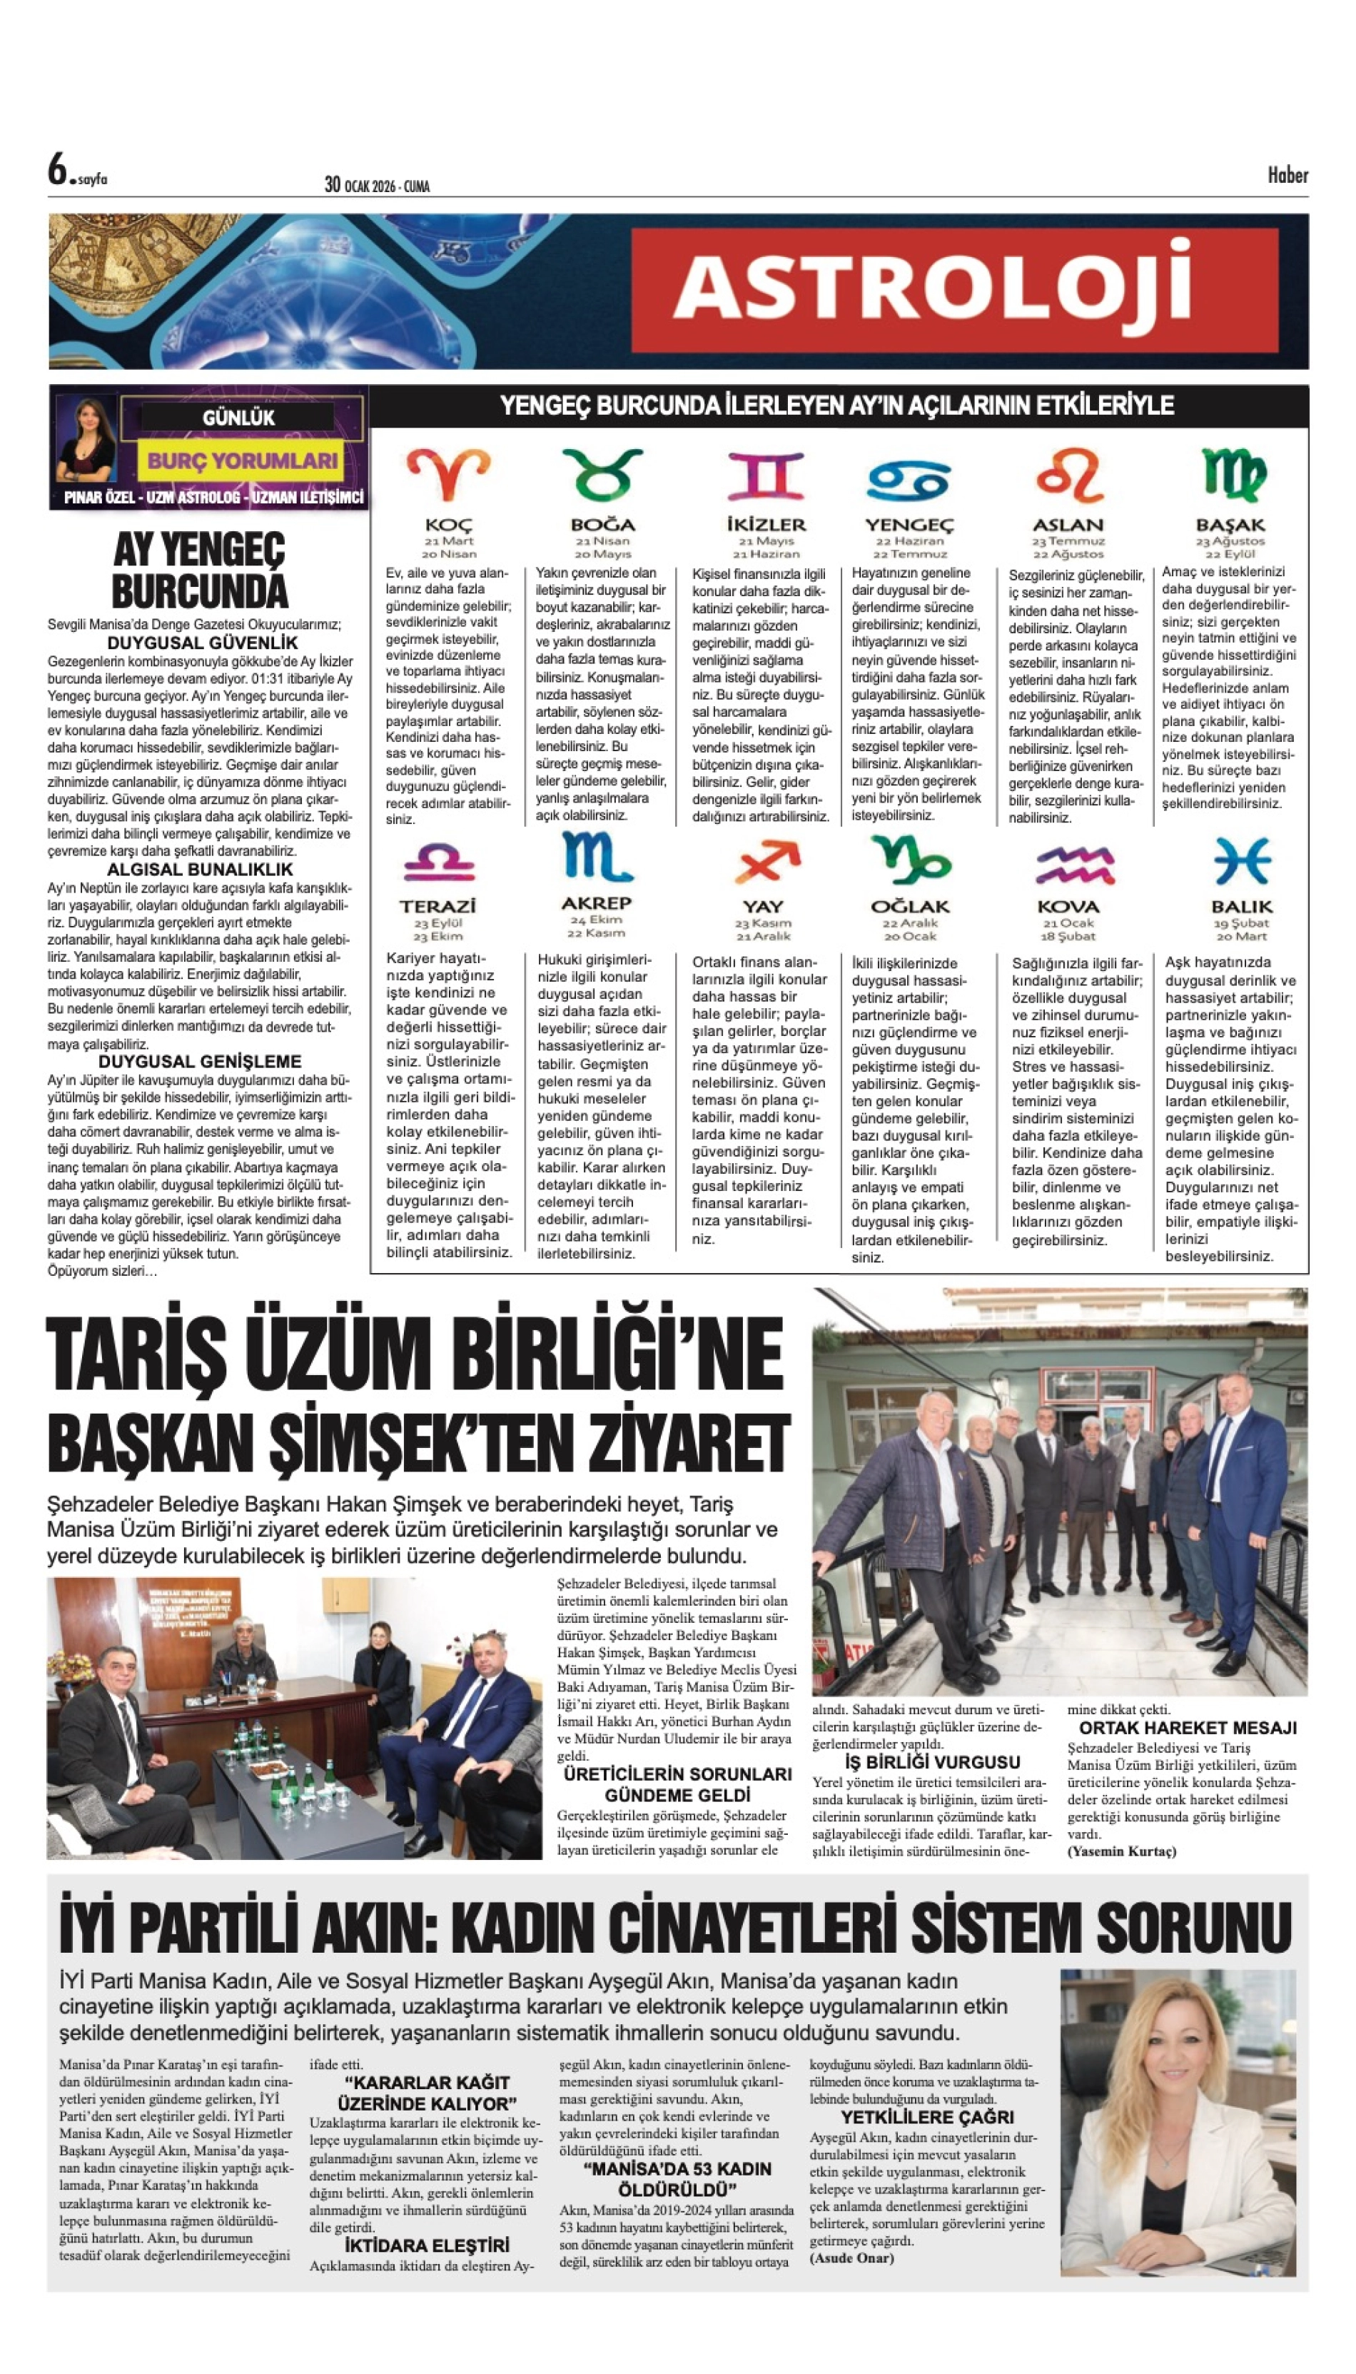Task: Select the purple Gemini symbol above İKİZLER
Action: coord(764,476)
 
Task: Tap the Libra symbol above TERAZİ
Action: coord(439,862)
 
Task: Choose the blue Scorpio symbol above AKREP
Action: coord(597,857)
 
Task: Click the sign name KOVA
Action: coord(1068,907)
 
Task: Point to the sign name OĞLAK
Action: coord(910,907)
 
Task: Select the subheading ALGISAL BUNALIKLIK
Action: coord(201,870)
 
